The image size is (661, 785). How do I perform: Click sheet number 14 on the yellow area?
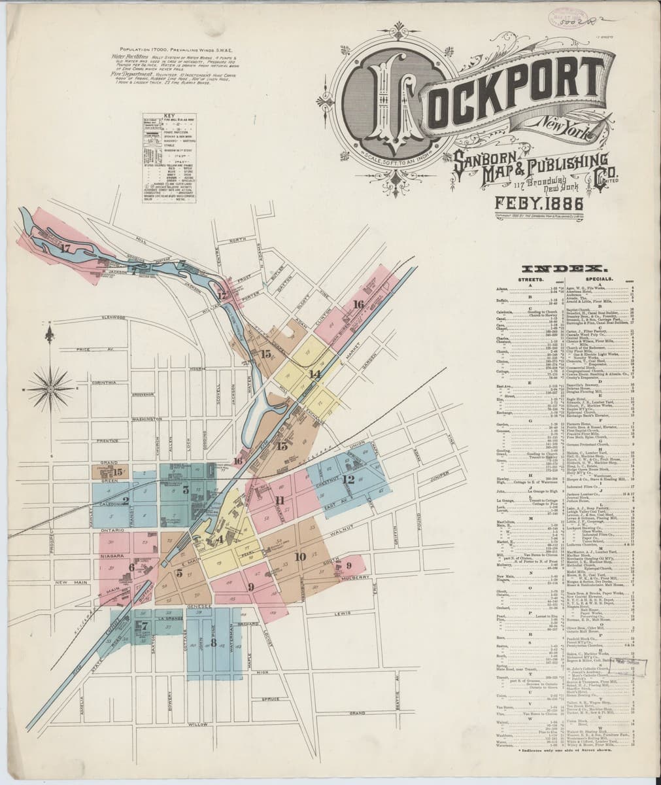click(x=315, y=374)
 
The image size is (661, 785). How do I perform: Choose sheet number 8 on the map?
click(x=214, y=642)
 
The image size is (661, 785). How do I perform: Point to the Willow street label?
click(x=195, y=725)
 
